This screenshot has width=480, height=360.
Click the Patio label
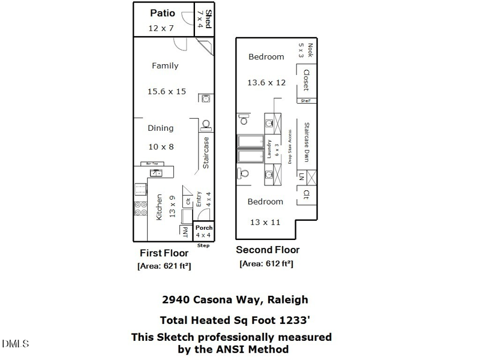point(162,13)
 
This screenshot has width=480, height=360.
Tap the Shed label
point(208,15)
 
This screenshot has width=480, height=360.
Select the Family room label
point(164,66)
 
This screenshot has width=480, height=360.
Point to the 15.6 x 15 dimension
point(167,92)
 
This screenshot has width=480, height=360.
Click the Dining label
point(161,128)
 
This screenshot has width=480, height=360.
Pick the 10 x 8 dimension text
point(161,146)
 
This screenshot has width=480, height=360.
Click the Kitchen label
point(160,207)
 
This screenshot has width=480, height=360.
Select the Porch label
point(204,228)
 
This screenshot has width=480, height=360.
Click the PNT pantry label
point(185,232)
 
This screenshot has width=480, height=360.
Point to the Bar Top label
point(148,163)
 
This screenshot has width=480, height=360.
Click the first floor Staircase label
point(206,152)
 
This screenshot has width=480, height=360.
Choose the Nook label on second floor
point(310,49)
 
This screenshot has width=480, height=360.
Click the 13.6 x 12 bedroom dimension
point(266,83)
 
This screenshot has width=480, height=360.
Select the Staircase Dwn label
point(306,143)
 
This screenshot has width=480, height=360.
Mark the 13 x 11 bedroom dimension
point(265,223)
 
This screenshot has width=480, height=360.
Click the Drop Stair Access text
point(290,147)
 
